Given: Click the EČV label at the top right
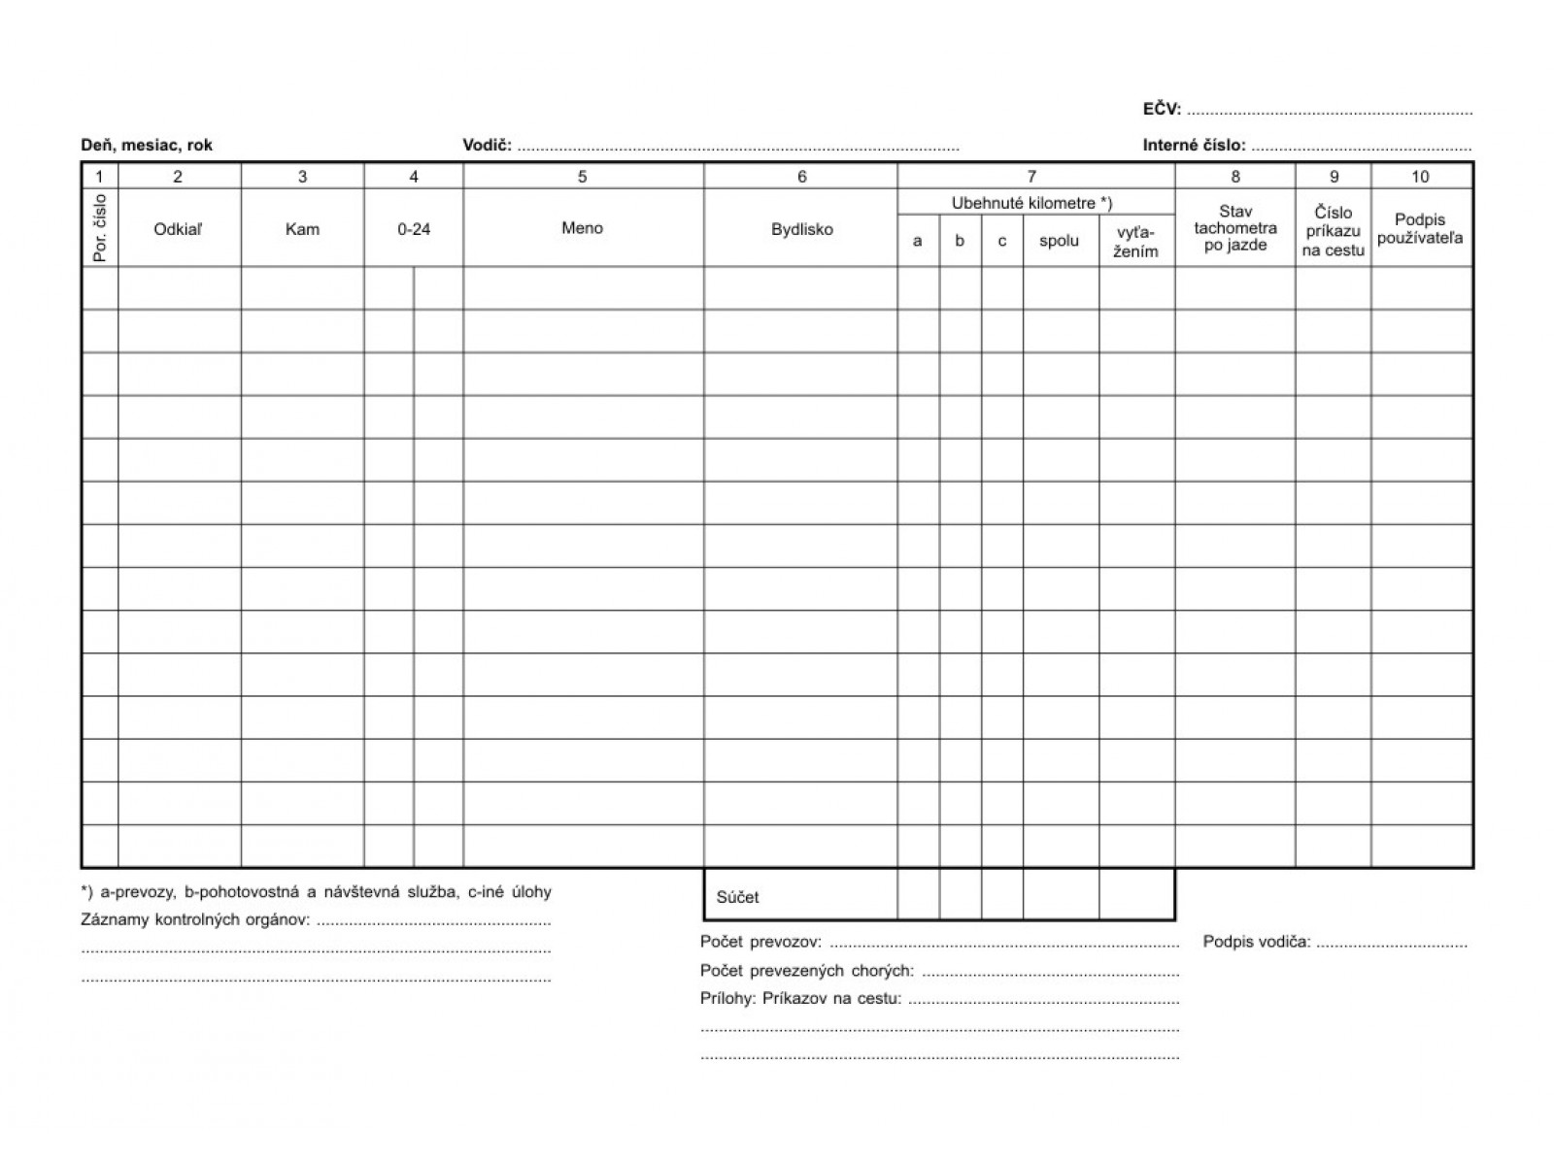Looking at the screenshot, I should click(x=1162, y=109).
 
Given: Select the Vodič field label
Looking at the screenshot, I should click(x=487, y=146).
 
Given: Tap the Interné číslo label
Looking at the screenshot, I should click(x=1194, y=146).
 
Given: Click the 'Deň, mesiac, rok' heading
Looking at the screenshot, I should click(x=147, y=146).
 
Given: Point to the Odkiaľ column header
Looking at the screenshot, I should click(x=179, y=229).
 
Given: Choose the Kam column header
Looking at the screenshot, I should click(x=302, y=229).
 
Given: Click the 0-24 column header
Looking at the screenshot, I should click(x=414, y=229).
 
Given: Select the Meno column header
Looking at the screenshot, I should click(x=582, y=228).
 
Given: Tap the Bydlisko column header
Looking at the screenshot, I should click(x=801, y=229).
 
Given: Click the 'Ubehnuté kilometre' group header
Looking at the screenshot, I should click(x=1031, y=203).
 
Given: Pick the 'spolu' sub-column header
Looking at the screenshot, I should click(x=1059, y=241).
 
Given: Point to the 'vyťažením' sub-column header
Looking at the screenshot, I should click(x=1135, y=242).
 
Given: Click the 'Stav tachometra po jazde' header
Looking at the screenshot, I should click(x=1235, y=228).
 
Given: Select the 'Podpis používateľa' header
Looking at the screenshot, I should click(x=1420, y=228).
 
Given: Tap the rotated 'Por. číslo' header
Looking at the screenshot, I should click(x=101, y=228).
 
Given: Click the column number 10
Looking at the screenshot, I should click(x=1420, y=177).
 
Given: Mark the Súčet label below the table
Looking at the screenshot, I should click(x=738, y=897).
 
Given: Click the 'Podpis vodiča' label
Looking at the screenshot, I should click(x=1257, y=941).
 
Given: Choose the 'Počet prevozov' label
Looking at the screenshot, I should click(x=760, y=942).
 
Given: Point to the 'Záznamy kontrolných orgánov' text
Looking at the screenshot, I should click(x=195, y=919).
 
